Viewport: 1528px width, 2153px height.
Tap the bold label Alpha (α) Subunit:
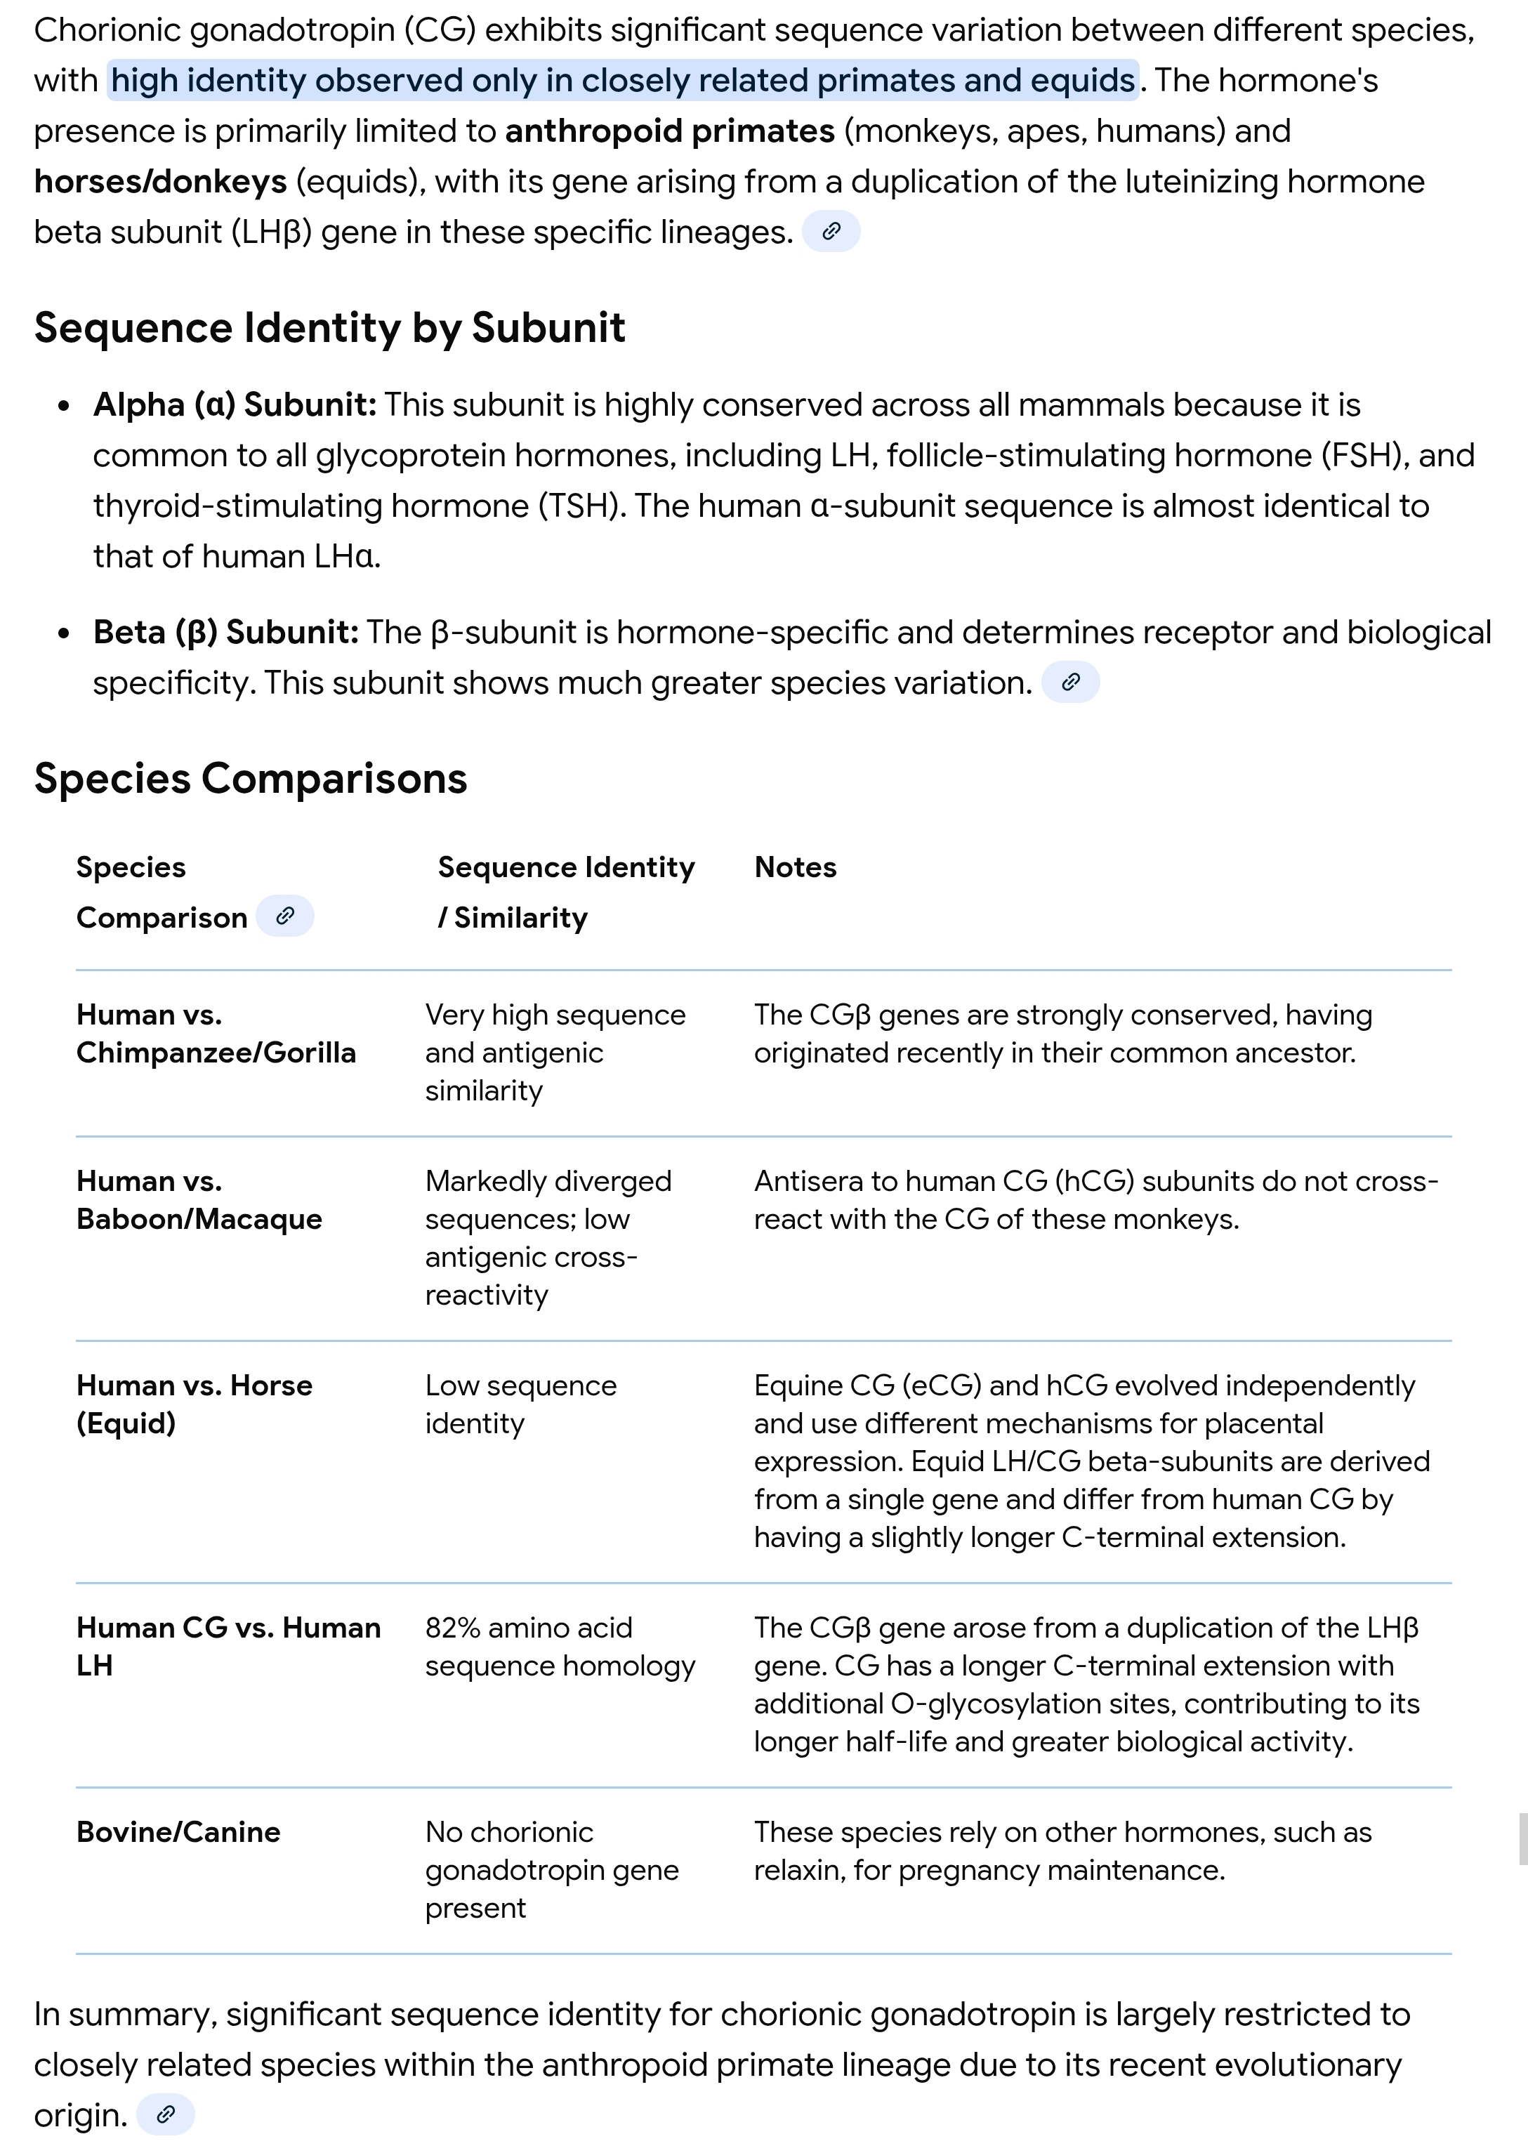coord(235,404)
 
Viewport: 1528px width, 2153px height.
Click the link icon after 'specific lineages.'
coord(831,232)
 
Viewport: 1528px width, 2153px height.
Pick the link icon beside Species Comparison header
coord(285,916)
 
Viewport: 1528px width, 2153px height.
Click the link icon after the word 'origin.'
coord(166,2114)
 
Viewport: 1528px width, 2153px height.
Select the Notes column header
coord(795,867)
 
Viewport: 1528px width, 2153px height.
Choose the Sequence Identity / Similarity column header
coord(565,891)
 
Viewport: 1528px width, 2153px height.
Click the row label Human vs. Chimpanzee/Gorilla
coord(216,1033)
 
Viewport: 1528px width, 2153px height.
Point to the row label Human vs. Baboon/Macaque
coord(199,1200)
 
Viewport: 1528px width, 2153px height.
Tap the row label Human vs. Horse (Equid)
coord(194,1404)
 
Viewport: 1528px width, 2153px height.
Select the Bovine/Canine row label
coord(178,1831)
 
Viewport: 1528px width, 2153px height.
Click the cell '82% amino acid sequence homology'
coord(560,1647)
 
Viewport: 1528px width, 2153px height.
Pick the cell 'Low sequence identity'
coord(520,1404)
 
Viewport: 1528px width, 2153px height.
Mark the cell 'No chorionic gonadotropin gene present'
coord(551,1869)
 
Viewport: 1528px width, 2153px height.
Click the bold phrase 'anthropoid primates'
coord(670,131)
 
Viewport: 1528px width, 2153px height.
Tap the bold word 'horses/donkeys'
coord(160,182)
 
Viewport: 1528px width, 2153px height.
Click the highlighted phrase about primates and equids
coord(623,81)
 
